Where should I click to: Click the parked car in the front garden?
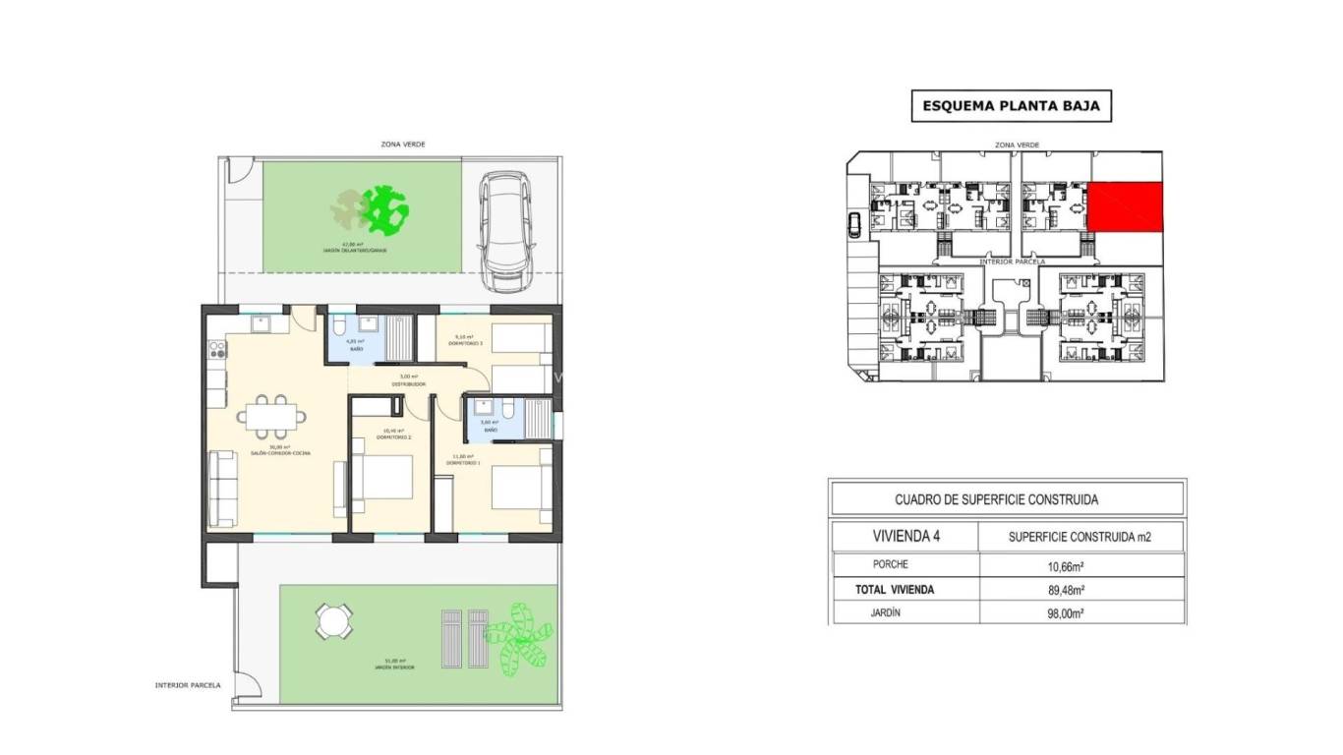(x=504, y=232)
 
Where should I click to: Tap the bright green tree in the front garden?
(x=385, y=209)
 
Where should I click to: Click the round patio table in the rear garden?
(x=333, y=621)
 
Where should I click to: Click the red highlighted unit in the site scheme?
(x=1125, y=207)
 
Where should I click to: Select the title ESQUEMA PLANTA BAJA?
(x=1011, y=106)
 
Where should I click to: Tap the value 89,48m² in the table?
(x=1066, y=590)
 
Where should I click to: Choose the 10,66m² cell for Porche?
(x=1066, y=565)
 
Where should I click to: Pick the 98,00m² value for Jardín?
(x=1066, y=613)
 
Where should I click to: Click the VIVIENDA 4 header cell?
(x=905, y=537)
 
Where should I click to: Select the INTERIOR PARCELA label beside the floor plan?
(x=188, y=685)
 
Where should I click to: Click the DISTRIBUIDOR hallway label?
(x=408, y=383)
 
